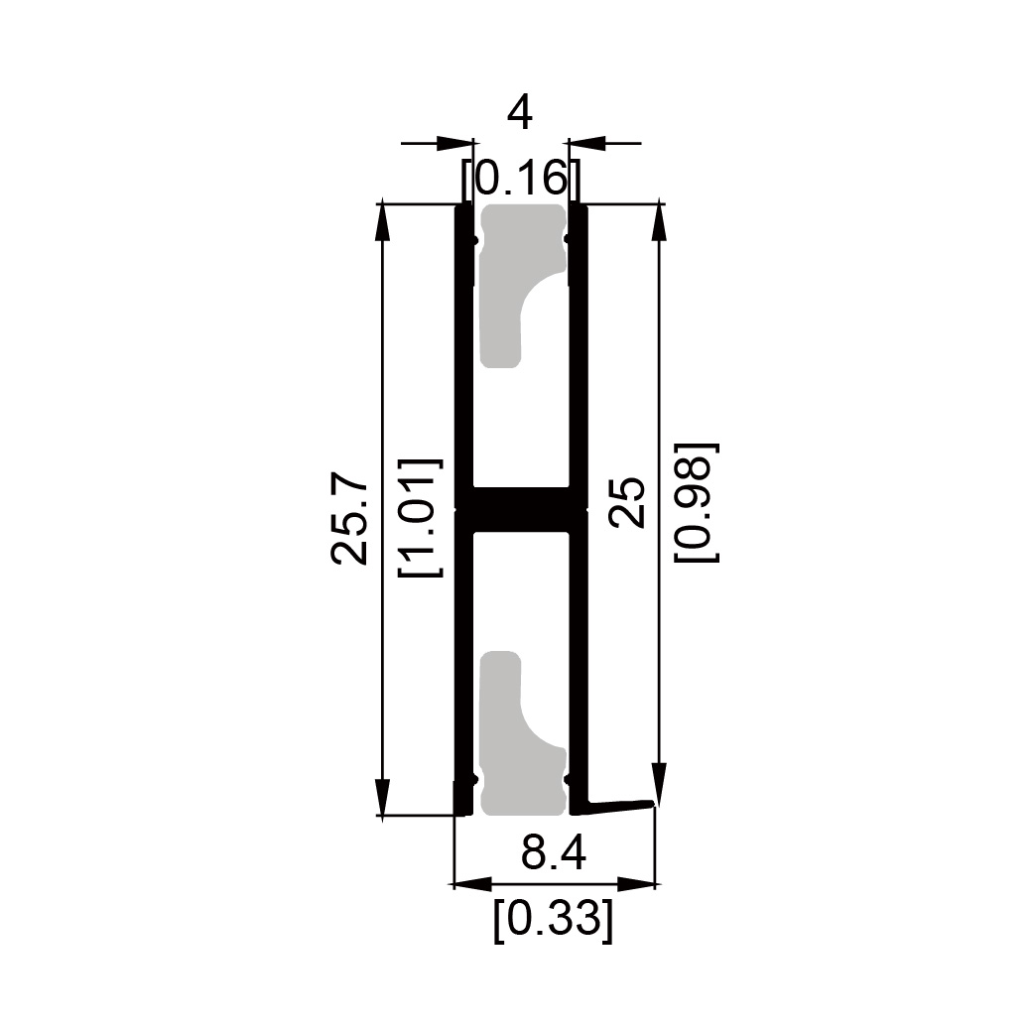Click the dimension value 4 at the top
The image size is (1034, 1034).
[520, 113]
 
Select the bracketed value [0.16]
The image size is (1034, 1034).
[521, 178]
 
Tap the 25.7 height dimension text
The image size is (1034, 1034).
[349, 518]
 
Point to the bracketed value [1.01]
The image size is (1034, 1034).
[420, 517]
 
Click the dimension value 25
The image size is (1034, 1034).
[626, 502]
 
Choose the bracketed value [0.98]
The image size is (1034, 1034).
[696, 502]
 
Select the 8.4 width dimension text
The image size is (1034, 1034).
[554, 854]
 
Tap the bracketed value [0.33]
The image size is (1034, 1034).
[554, 919]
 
